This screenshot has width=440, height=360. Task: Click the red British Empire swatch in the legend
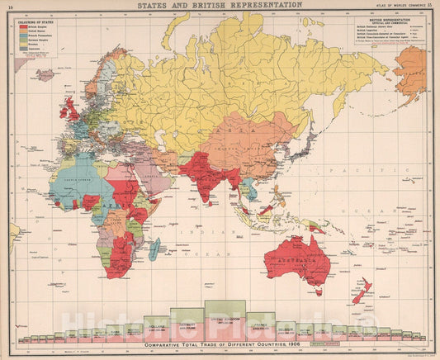click(x=25, y=26)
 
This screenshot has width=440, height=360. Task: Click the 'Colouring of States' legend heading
click(x=35, y=20)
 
